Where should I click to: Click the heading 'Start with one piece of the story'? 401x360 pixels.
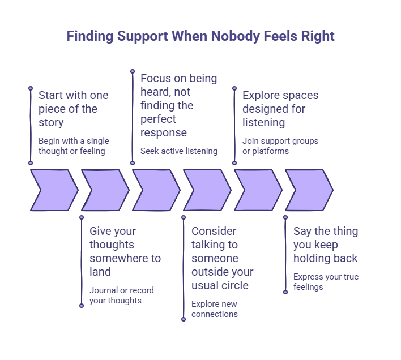[x=74, y=109]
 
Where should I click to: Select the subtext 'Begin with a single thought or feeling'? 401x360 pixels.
[x=74, y=146]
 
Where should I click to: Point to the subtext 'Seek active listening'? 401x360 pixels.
[x=179, y=151]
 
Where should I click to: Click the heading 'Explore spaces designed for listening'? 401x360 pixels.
[x=280, y=109]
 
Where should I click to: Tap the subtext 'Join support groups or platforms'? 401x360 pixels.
[x=280, y=146]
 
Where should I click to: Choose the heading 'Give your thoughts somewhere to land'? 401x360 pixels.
[x=125, y=251]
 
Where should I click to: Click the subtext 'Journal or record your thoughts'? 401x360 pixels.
[x=121, y=295]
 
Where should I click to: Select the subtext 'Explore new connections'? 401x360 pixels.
[x=214, y=309]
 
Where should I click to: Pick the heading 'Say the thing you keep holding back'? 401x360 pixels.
[x=326, y=245]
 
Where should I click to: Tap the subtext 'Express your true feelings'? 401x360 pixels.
[x=326, y=282]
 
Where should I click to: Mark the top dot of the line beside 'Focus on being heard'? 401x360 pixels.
[x=133, y=71]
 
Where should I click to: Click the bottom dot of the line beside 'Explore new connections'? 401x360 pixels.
[x=184, y=319]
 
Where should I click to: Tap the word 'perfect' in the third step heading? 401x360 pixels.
[x=158, y=119]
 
